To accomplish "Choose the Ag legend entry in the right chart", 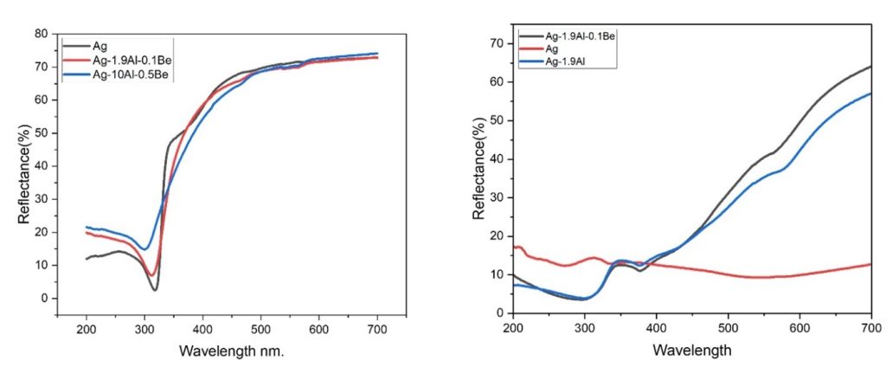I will tap(553, 49).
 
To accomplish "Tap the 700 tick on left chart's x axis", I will tap(377, 329).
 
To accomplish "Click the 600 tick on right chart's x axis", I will tap(799, 327).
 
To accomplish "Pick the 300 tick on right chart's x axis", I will tap(585, 327).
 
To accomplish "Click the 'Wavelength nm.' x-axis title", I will tap(232, 352).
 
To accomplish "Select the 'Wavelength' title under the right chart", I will tap(692, 351).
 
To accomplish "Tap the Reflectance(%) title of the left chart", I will tap(27, 174).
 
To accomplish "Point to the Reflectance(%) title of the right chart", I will tap(478, 172).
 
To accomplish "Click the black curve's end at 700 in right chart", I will tap(870, 66).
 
